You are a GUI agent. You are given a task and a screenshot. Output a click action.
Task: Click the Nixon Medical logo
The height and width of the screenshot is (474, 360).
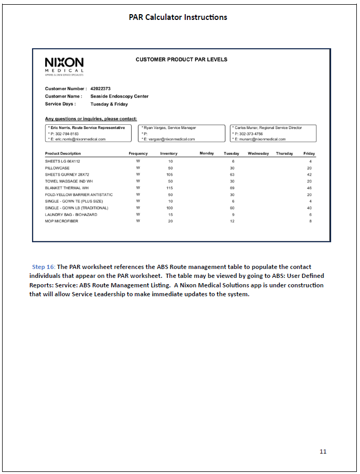point(64,66)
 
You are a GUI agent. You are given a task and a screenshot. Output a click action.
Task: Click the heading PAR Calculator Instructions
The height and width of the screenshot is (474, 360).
point(178,17)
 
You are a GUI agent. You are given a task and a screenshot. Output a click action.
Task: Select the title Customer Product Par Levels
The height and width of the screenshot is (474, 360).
point(182,60)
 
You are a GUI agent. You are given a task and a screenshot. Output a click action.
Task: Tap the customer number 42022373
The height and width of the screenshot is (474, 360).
point(100,89)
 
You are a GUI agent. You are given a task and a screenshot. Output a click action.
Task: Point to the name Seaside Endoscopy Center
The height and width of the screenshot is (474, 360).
point(119,96)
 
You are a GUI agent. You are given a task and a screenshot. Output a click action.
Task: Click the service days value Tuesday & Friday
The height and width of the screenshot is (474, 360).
point(109,104)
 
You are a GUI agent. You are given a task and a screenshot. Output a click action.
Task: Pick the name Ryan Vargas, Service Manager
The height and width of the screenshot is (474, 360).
point(170,127)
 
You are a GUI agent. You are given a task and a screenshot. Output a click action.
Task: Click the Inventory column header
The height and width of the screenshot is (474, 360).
point(169,154)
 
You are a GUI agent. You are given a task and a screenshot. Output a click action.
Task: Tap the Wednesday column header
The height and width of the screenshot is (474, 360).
point(258,154)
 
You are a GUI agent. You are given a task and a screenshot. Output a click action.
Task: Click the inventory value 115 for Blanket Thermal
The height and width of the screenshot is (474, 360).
point(170,188)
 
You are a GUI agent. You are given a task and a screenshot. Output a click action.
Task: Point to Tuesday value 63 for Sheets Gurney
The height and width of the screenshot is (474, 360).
point(232,175)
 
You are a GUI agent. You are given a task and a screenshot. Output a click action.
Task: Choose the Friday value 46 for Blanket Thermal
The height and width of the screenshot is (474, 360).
point(310,188)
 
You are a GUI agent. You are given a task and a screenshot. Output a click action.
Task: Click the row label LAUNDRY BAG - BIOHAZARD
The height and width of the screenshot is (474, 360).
point(71,214)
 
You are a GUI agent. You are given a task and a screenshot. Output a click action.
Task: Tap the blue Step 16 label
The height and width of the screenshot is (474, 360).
point(43,267)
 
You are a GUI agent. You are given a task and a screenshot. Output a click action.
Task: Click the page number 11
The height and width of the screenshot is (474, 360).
point(323,451)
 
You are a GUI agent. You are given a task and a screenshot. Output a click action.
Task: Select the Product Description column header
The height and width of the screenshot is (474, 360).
point(63,154)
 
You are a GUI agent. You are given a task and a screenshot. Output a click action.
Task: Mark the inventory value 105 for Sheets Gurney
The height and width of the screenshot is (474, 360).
point(170,175)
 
